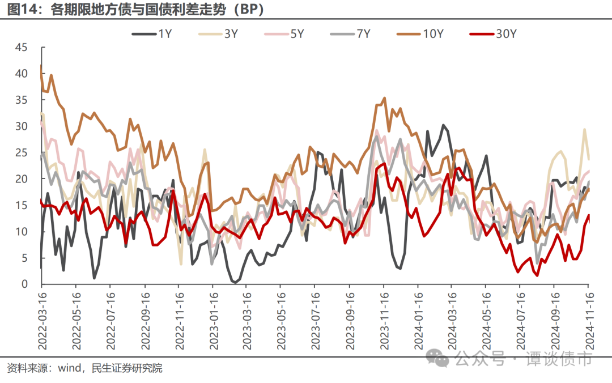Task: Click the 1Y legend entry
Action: [152, 35]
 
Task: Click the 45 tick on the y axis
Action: [21, 48]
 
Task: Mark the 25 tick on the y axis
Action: [21, 152]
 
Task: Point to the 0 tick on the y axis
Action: [24, 284]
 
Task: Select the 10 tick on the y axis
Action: [21, 232]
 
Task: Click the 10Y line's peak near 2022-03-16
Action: [41, 66]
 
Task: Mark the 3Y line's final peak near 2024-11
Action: [585, 129]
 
